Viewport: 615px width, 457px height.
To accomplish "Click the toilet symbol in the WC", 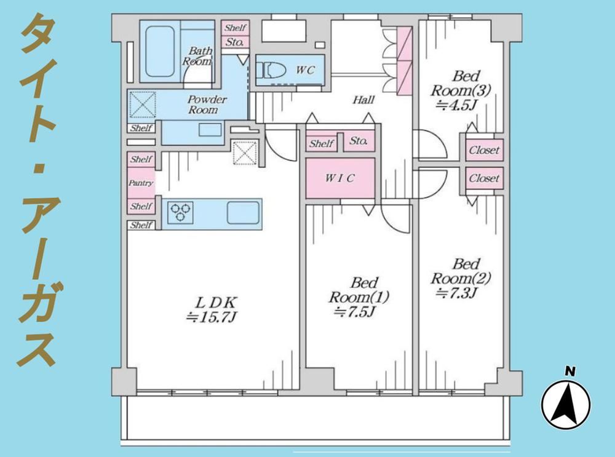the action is (x=269, y=70).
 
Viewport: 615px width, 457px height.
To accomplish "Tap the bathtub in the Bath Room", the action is (x=160, y=51).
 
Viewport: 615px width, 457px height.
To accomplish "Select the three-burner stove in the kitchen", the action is (x=180, y=213).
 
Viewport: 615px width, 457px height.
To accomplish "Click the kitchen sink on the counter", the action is (x=243, y=213).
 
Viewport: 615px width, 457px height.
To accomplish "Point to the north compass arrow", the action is (x=566, y=405).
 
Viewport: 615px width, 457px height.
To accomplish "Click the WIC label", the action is (x=339, y=178).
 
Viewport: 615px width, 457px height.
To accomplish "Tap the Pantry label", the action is (x=141, y=183).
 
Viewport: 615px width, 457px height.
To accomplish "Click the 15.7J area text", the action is (x=212, y=317).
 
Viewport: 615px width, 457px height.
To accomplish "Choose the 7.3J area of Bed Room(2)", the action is (x=456, y=293).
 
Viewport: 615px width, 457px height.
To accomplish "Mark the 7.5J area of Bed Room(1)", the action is (x=355, y=312).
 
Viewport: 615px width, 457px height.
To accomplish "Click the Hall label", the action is (x=363, y=100).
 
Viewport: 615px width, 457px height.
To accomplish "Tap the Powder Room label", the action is (x=205, y=105).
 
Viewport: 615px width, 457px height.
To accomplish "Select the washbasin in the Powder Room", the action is (x=210, y=130).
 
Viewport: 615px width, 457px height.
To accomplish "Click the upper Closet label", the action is (x=485, y=150).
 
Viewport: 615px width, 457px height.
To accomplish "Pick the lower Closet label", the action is (x=485, y=178).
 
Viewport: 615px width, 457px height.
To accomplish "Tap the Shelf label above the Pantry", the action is (x=141, y=159).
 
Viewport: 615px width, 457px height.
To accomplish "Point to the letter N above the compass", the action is (x=570, y=371).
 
